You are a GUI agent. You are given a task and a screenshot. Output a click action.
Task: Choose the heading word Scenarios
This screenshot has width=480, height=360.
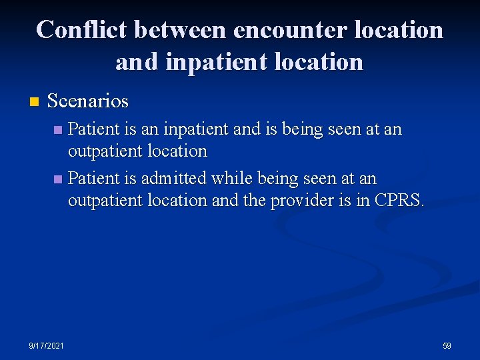point(88,101)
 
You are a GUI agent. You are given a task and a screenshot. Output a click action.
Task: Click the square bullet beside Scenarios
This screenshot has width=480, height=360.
point(34,102)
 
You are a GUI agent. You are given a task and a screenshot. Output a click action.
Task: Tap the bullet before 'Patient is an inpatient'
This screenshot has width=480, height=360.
point(58,129)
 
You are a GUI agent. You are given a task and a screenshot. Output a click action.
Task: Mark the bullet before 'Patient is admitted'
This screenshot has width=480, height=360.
point(58,179)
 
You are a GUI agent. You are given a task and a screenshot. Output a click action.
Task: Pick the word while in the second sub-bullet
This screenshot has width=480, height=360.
point(228,179)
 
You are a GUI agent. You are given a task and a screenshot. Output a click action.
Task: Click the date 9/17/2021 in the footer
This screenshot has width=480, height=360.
point(47,345)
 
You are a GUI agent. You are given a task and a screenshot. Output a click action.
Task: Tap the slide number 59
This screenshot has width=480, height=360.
point(447,345)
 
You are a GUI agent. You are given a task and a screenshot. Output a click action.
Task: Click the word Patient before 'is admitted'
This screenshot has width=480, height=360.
point(93,179)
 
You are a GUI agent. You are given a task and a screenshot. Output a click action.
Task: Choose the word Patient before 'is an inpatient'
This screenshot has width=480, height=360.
point(93,129)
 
